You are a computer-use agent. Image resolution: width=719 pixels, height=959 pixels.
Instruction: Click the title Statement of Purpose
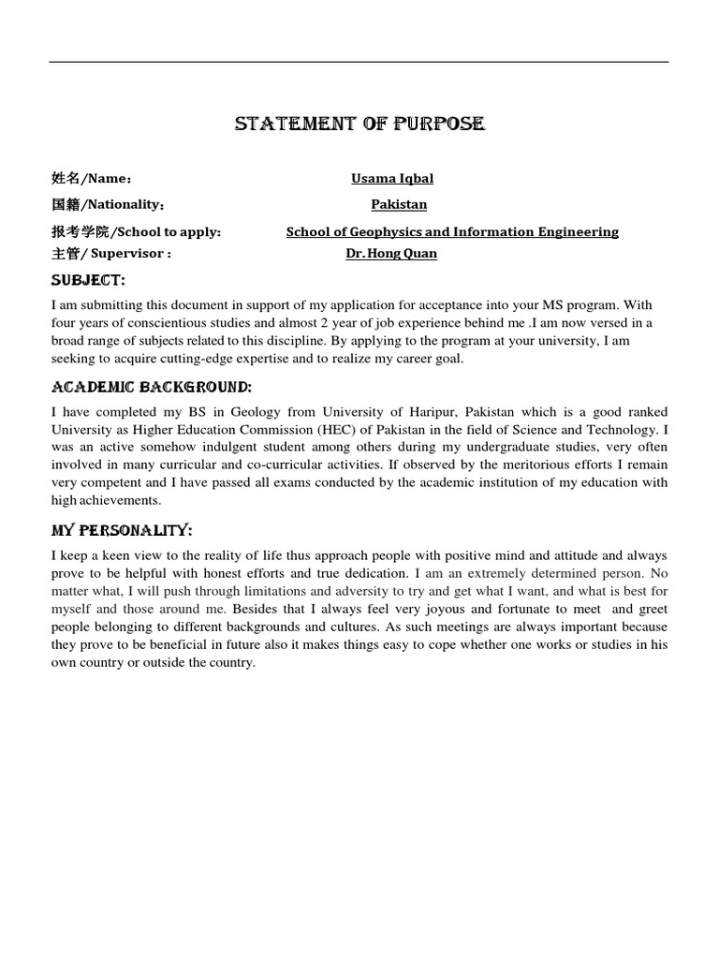tap(359, 125)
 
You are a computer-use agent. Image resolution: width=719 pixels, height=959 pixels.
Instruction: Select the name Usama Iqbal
tap(392, 179)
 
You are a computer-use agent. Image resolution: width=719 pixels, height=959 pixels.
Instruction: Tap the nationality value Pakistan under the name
tap(399, 204)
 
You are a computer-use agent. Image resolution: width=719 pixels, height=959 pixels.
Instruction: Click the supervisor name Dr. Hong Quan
tap(391, 253)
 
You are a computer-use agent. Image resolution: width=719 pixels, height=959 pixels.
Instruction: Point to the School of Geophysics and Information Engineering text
tap(452, 231)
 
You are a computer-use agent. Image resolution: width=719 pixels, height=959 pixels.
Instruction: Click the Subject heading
tap(87, 281)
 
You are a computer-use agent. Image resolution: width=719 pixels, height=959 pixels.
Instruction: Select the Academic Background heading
tap(151, 387)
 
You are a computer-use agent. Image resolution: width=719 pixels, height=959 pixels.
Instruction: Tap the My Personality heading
tap(121, 530)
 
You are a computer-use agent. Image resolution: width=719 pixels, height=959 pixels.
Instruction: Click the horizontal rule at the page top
tap(359, 63)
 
